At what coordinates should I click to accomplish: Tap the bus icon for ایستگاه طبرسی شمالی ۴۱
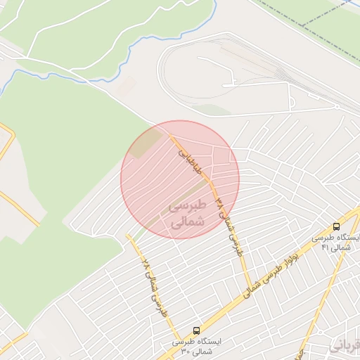pos(336,226)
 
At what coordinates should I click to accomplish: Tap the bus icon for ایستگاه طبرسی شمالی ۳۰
pos(195,329)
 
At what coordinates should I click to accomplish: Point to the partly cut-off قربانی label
pos(345,345)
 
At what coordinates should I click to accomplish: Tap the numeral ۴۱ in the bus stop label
pos(324,247)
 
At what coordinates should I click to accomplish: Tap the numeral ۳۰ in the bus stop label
pos(186,351)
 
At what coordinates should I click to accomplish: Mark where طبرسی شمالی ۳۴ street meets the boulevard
pos(252,290)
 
